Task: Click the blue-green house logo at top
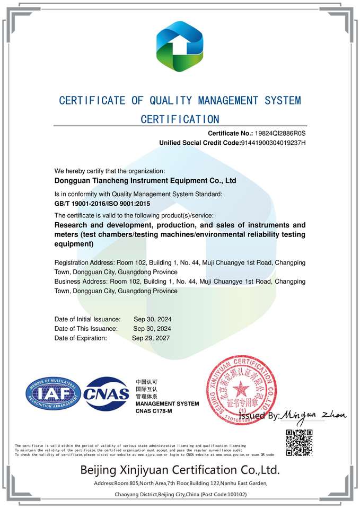click(x=180, y=47)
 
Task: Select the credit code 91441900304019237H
click(x=273, y=143)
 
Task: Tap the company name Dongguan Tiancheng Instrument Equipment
click(x=145, y=181)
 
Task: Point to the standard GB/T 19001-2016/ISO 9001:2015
click(x=102, y=204)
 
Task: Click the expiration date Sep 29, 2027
click(x=151, y=338)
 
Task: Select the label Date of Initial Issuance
click(x=87, y=319)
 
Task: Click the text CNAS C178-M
click(x=154, y=411)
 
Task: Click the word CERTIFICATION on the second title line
click(x=180, y=119)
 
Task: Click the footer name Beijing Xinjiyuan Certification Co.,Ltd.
click(x=180, y=470)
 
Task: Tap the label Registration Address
click(x=85, y=263)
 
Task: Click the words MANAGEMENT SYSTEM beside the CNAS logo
click(x=167, y=404)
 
